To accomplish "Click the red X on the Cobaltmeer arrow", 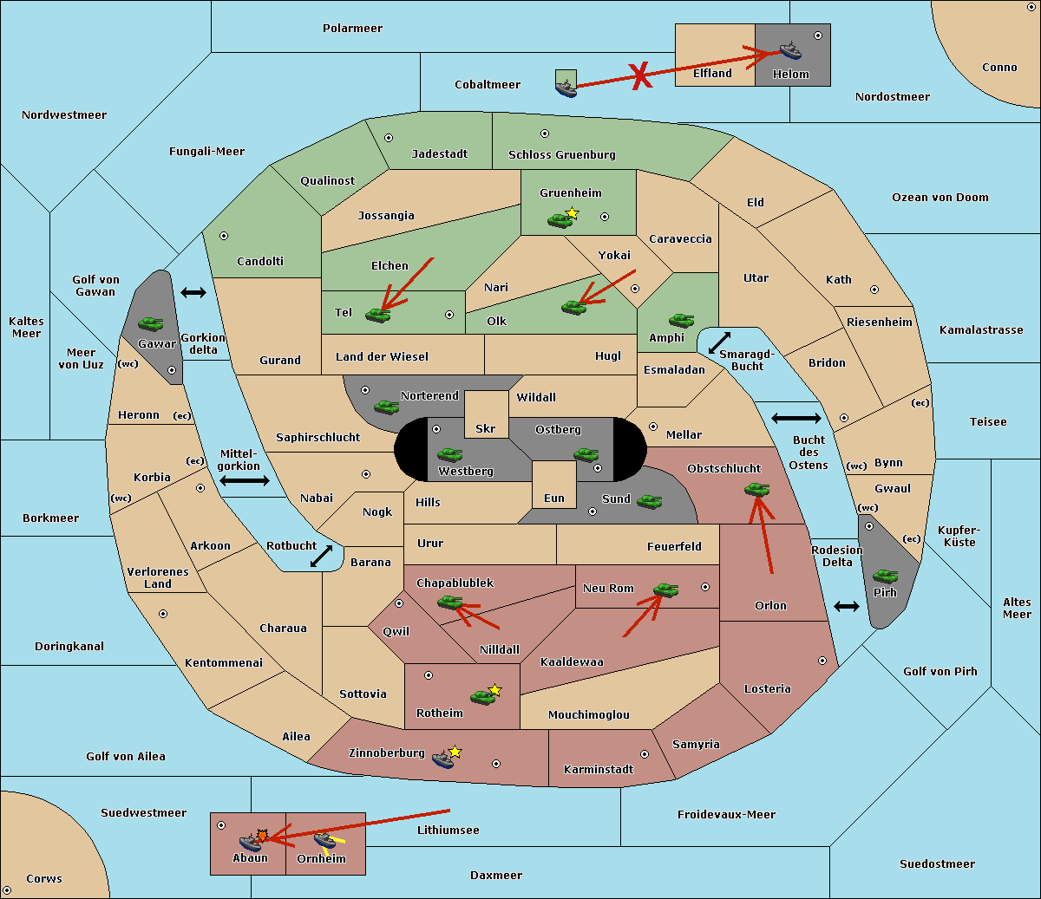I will tap(640, 76).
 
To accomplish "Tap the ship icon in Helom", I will tap(789, 50).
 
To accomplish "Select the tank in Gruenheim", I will tap(560, 220).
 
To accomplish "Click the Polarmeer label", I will tap(352, 29).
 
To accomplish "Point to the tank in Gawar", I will tap(151, 323).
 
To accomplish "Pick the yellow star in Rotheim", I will tap(495, 690).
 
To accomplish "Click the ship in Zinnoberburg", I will tap(442, 759).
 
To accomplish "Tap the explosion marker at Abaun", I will tap(261, 835).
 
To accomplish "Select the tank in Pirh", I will tap(885, 577).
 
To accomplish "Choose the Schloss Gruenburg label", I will tap(561, 155).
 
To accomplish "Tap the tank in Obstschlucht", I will tap(756, 490).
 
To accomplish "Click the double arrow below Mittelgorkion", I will tap(245, 480).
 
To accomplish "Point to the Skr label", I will tap(485, 428).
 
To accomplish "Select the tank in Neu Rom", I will tap(665, 590).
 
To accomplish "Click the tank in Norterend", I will tap(386, 407).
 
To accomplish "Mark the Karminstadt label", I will tap(599, 770).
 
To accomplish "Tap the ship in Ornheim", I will tap(324, 841).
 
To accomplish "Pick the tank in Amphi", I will tap(681, 321).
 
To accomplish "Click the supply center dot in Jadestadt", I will tap(389, 138).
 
